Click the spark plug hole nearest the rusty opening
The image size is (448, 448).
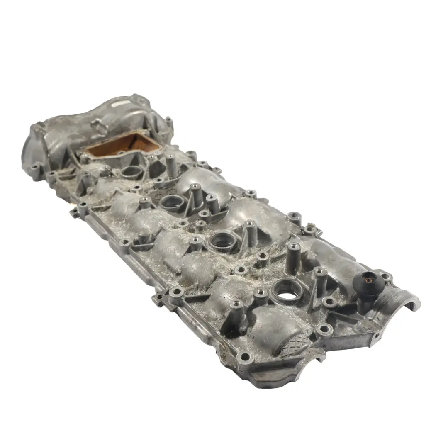(x=131, y=171)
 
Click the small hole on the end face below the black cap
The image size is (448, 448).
(x=377, y=335)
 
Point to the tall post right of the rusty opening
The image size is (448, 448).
(x=171, y=163)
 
